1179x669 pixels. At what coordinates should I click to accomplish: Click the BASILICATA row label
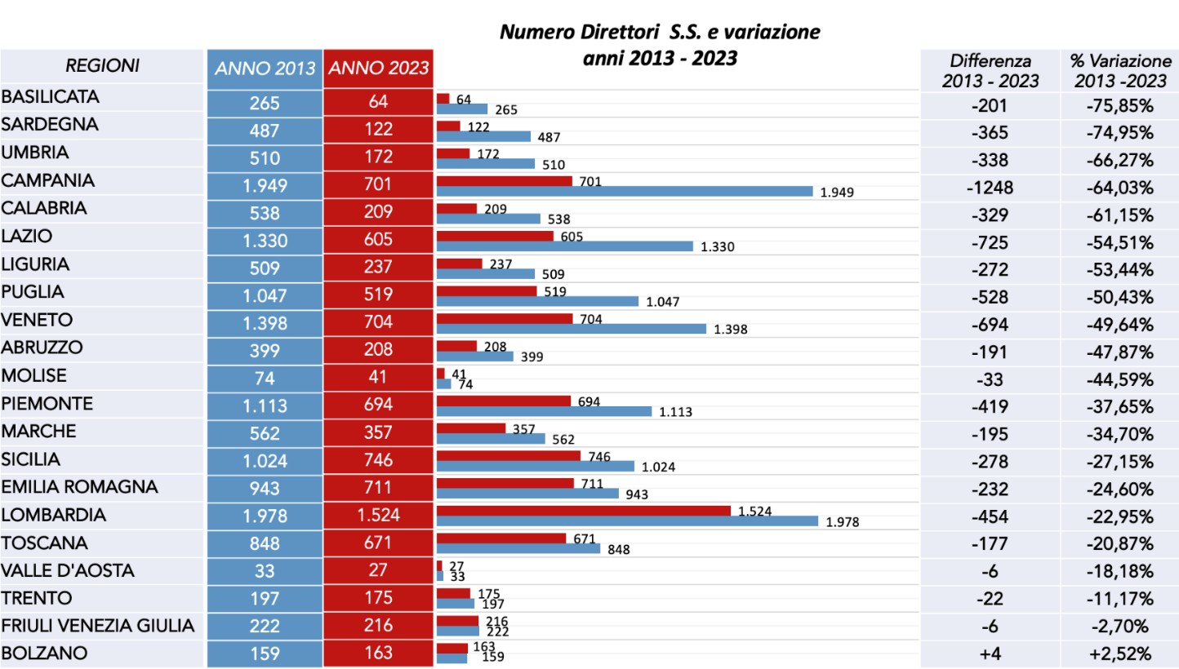pos(51,97)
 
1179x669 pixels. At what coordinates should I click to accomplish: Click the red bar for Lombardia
pos(584,511)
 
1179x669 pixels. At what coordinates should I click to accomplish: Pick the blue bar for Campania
pos(625,191)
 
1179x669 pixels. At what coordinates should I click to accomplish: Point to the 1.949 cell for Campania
pos(265,185)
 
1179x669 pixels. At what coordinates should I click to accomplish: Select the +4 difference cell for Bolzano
pos(990,653)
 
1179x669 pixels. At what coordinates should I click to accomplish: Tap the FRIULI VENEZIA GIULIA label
pos(98,626)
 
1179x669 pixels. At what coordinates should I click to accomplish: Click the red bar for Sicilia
pos(509,455)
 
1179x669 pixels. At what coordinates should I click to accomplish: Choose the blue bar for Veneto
pos(572,329)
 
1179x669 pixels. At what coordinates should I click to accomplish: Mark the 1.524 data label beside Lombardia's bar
pos(754,512)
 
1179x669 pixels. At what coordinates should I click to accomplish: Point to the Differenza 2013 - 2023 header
pos(990,71)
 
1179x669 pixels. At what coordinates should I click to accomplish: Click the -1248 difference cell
pos(990,188)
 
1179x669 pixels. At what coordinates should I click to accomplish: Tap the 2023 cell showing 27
pos(378,569)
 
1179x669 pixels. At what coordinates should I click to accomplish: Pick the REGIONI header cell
pos(102,65)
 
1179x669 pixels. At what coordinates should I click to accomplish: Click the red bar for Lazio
pos(495,237)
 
